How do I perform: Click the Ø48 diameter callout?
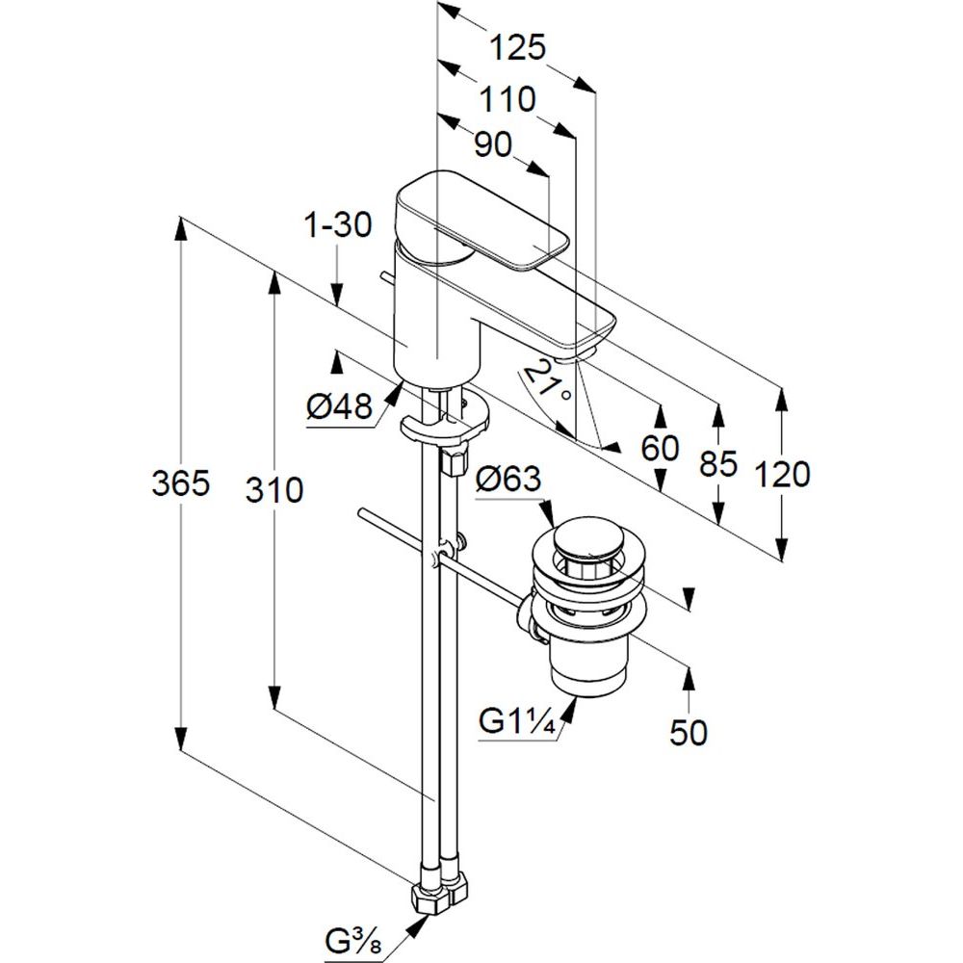[340, 409]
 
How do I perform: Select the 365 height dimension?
[180, 484]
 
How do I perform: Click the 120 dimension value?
[782, 474]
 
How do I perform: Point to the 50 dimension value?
[688, 733]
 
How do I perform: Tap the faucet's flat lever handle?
[481, 217]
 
